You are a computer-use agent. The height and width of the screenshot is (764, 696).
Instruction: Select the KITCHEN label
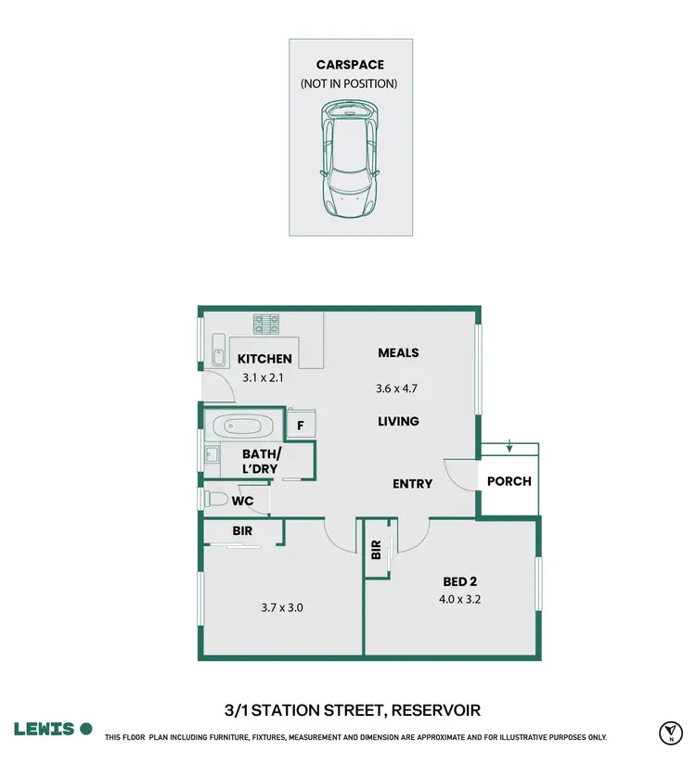coord(264,359)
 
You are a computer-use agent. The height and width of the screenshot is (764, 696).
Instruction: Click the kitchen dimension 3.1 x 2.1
coord(264,377)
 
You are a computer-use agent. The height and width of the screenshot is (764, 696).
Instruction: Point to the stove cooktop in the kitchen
coord(267,325)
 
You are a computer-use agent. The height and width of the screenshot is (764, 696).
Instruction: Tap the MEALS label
coord(398,352)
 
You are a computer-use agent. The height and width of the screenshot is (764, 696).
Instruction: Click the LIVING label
coord(398,421)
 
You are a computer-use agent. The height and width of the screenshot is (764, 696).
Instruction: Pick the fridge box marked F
coord(301,426)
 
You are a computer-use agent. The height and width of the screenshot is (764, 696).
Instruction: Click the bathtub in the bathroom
coord(240,427)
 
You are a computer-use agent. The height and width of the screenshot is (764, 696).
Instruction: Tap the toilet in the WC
coord(216,499)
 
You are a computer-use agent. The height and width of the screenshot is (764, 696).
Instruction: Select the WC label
coord(243,501)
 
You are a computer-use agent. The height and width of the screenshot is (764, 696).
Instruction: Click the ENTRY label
coord(412,483)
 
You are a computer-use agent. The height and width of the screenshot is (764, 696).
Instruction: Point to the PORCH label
coord(509,481)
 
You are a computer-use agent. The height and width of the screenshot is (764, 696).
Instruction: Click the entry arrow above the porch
coord(509,451)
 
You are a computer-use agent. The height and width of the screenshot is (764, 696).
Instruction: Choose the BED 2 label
coord(459,581)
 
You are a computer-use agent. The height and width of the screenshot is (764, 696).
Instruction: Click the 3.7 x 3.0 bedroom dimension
coord(281,608)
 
